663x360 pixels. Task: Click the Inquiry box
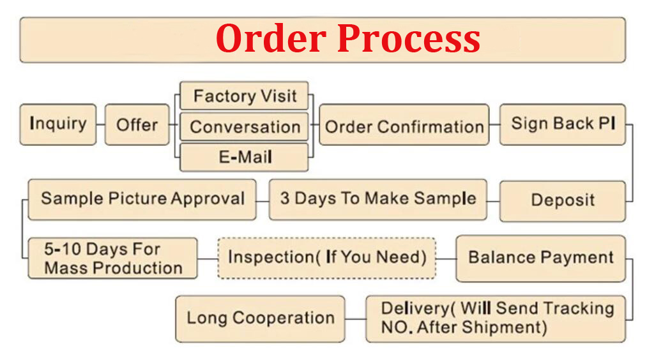[x=58, y=124]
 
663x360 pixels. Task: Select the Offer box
[x=137, y=124]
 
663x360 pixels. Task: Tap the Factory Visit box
[x=244, y=96]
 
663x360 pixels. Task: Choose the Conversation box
[x=244, y=126]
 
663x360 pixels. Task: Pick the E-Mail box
[x=244, y=157]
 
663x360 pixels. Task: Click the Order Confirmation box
[x=404, y=125]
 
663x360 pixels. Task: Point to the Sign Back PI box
[x=562, y=124]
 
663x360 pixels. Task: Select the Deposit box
[x=562, y=201]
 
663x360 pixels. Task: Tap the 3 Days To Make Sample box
[x=378, y=199]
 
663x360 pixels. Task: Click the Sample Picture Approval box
[x=142, y=199]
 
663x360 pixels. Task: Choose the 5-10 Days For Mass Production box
[x=112, y=258]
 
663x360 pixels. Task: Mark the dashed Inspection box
[x=326, y=258]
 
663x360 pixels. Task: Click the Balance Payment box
[x=540, y=259]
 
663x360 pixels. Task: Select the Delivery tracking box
[x=496, y=319]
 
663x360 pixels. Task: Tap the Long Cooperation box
[x=260, y=319]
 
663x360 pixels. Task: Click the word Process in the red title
[x=408, y=39]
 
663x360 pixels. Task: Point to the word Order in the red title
[x=271, y=38]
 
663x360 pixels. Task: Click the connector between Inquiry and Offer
[x=101, y=124]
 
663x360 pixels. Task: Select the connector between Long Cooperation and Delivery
[x=355, y=319]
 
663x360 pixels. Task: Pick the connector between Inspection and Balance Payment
[x=446, y=259]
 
